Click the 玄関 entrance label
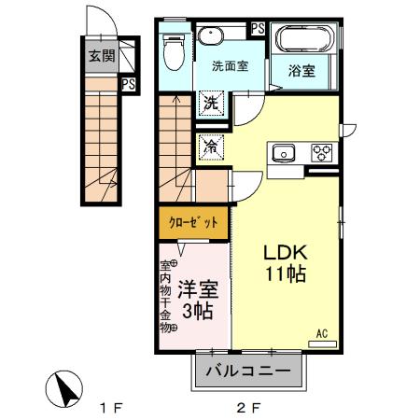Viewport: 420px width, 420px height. click(102, 55)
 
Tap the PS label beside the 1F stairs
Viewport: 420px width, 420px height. click(128, 84)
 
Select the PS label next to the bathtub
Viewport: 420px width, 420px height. click(258, 28)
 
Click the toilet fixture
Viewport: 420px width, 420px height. click(172, 52)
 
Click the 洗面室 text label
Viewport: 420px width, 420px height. click(231, 66)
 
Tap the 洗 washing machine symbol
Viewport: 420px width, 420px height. click(212, 102)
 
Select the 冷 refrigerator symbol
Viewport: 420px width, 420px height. click(212, 146)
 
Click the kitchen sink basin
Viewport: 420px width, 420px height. click(284, 152)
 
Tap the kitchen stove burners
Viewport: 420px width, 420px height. click(322, 152)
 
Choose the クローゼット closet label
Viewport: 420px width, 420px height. click(193, 222)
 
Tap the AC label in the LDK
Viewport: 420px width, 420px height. click(322, 333)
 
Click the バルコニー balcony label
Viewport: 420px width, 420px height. click(248, 371)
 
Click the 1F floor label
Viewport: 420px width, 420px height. click(113, 407)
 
